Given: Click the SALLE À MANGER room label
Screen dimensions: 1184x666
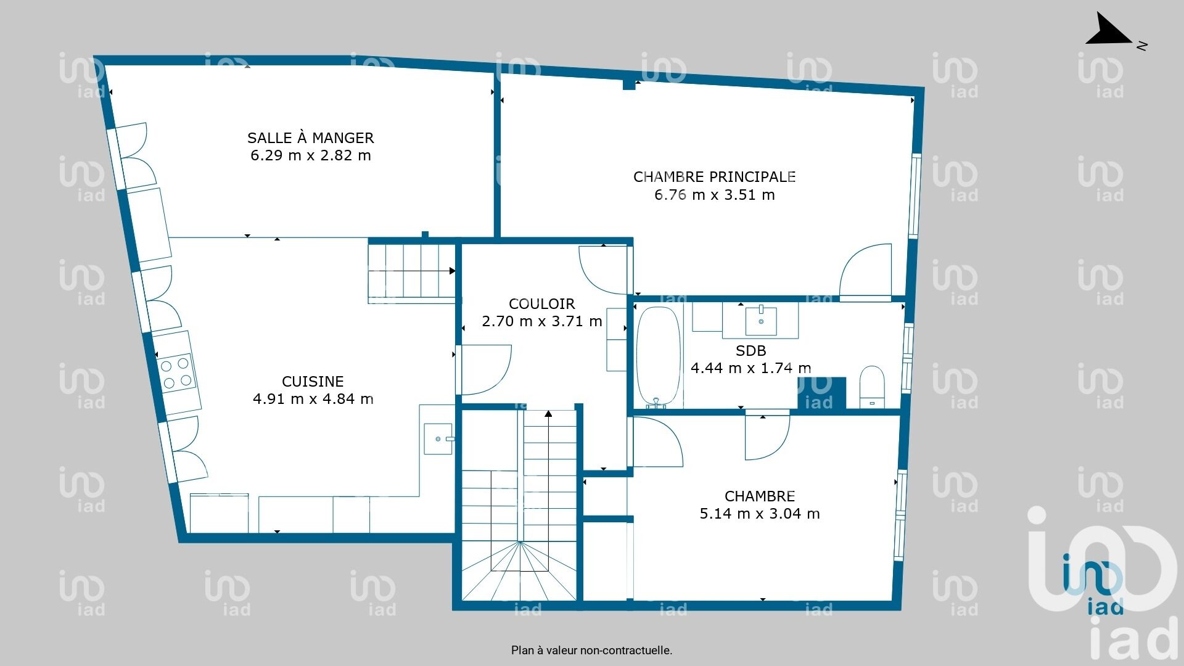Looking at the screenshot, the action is [x=311, y=138].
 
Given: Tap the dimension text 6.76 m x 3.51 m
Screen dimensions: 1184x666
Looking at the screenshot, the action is [x=714, y=195].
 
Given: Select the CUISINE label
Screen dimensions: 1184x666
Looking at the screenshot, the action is [x=313, y=382].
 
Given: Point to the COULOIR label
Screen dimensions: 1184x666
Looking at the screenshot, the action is [x=541, y=304].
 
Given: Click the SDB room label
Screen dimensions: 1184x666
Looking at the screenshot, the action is [x=750, y=351].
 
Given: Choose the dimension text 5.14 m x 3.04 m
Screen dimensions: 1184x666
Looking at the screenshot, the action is [x=760, y=514].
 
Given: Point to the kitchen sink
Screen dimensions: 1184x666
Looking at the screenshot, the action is [x=438, y=438].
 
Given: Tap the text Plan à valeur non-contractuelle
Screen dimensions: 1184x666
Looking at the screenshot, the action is [x=591, y=650].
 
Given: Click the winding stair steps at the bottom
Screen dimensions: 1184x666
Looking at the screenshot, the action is [x=519, y=570].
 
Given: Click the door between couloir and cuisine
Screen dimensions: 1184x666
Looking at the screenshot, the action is [x=486, y=370].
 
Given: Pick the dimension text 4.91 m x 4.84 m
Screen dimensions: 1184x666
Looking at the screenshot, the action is [x=313, y=399].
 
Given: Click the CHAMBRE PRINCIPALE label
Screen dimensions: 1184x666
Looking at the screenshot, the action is [x=714, y=177].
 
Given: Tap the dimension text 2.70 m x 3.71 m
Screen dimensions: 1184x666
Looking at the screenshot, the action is [x=541, y=321].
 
